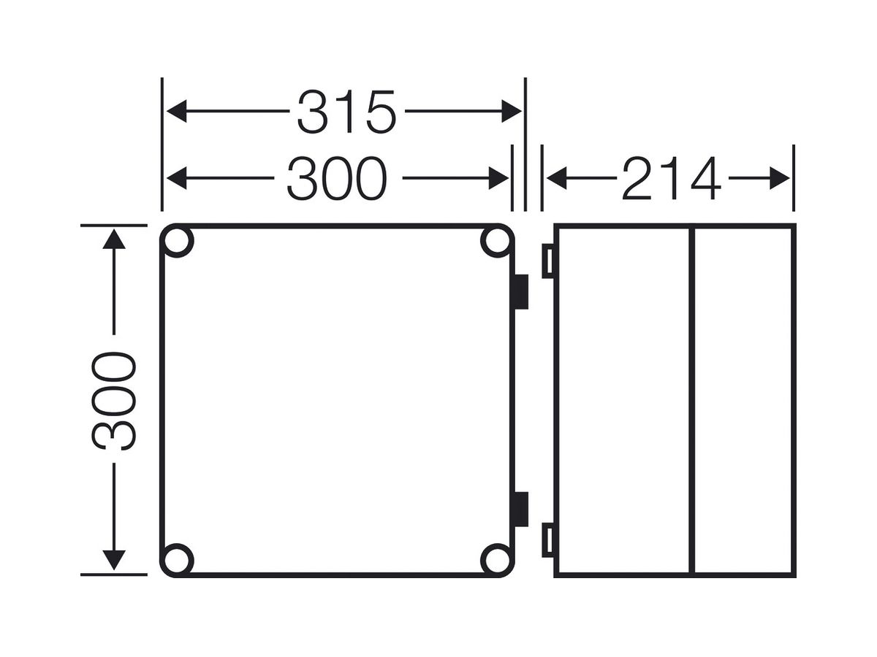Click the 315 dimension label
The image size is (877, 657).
click(x=346, y=112)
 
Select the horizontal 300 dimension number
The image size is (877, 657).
click(x=337, y=178)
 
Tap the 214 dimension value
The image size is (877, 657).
click(x=671, y=178)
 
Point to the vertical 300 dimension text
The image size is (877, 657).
click(x=114, y=401)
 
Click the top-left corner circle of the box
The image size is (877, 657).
click(x=177, y=241)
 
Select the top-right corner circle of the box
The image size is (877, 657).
click(x=497, y=241)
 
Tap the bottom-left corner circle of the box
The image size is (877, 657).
click(x=177, y=560)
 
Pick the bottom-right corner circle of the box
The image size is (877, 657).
click(x=497, y=560)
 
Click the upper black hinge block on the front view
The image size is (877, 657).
click(x=521, y=291)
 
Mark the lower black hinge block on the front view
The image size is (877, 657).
click(x=521, y=509)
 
